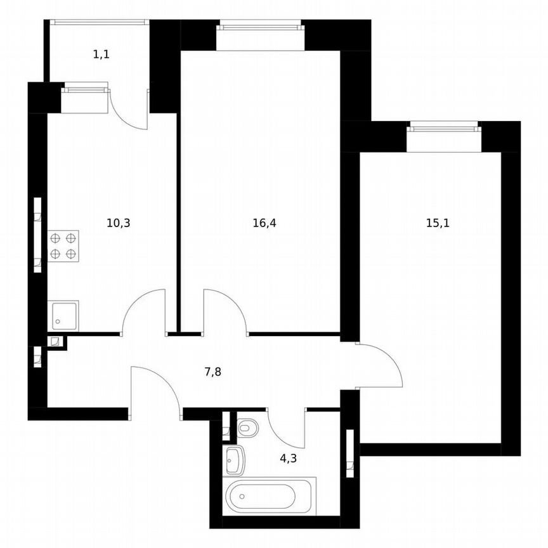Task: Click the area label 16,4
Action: (264, 223)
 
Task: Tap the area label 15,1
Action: (438, 223)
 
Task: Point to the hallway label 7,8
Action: (212, 372)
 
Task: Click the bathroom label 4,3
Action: (289, 457)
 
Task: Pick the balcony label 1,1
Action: (101, 55)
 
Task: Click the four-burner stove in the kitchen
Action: (63, 246)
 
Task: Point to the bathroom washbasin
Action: (235, 459)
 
